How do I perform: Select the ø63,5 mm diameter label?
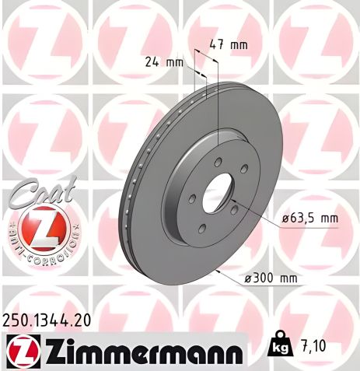point(309,219)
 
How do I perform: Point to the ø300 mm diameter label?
point(272,278)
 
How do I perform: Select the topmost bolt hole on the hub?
point(220,152)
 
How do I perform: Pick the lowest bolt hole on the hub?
point(201,229)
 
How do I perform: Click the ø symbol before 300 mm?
point(248,278)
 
